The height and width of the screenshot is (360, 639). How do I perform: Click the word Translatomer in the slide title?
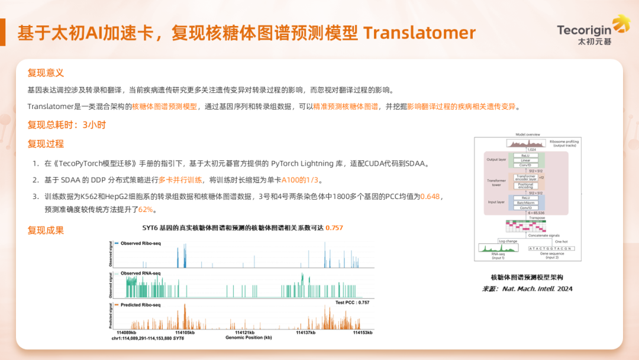pyautogui.click(x=419, y=33)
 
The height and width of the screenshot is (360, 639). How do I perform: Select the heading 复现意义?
pyautogui.click(x=46, y=73)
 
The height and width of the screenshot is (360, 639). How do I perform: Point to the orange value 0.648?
pyautogui.click(x=430, y=196)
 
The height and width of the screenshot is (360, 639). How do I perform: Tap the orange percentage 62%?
pyautogui.click(x=146, y=210)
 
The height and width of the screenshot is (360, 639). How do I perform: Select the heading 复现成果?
pyautogui.click(x=46, y=230)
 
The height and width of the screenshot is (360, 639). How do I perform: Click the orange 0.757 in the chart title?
pyautogui.click(x=334, y=228)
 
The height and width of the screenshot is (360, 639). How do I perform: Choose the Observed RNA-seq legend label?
pyautogui.click(x=141, y=273)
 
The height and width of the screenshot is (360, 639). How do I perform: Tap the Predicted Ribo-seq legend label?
pyautogui.click(x=141, y=305)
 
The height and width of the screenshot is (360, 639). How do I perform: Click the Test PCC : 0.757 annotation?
pyautogui.click(x=352, y=302)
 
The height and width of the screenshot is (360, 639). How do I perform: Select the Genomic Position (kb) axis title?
pyautogui.click(x=248, y=338)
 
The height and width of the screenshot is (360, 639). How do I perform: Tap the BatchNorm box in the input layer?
pyautogui.click(x=525, y=202)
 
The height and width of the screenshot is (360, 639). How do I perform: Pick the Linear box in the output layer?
pyautogui.click(x=525, y=160)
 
